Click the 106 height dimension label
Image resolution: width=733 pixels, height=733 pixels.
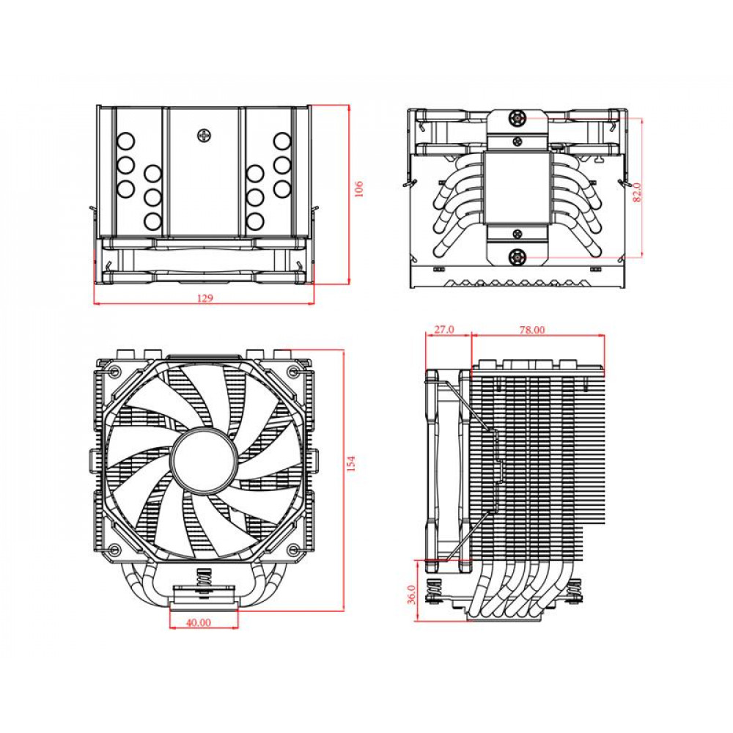358,189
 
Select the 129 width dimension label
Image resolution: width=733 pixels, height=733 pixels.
205,298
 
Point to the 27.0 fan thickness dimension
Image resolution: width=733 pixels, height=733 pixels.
443,330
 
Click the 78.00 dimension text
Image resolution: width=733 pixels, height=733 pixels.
532,330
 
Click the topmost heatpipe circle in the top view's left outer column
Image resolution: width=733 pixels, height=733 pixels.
125,140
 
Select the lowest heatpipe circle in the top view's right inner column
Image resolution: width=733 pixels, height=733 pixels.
255,220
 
